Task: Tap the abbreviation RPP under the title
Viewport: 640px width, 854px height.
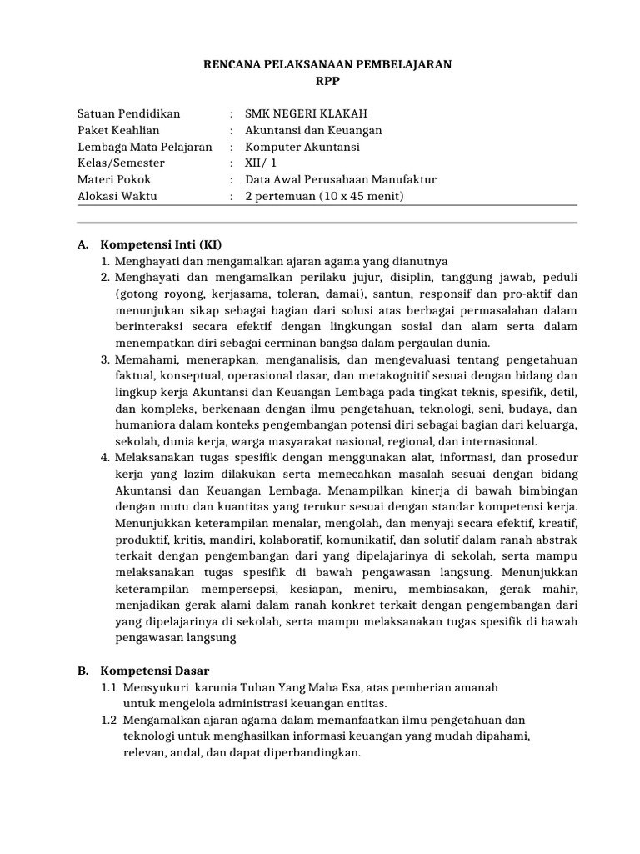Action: [328, 81]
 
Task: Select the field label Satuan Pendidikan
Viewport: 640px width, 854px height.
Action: [128, 114]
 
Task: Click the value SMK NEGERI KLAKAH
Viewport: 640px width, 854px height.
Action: [306, 114]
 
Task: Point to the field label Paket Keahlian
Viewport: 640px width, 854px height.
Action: [118, 131]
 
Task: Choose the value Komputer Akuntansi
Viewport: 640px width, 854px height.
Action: [302, 147]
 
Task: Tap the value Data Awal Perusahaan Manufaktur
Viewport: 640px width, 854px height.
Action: [341, 180]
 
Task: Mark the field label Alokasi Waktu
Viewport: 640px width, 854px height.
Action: [117, 197]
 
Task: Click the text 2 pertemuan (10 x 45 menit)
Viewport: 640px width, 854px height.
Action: [324, 197]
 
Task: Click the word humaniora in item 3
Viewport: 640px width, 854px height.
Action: [142, 425]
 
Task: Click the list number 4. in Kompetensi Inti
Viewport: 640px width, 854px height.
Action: [106, 458]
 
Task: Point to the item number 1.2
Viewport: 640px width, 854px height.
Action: [108, 720]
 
